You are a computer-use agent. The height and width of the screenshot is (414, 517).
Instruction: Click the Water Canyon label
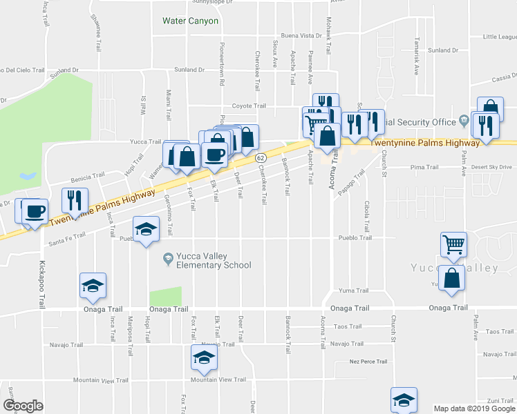click(x=190, y=21)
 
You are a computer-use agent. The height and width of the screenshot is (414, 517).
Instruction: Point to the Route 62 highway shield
click(x=261, y=158)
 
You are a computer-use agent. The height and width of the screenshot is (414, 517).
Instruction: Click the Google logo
click(x=23, y=406)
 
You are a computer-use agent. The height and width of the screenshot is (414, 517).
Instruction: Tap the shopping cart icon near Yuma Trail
click(x=454, y=245)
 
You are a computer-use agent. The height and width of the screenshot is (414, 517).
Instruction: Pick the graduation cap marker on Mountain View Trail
click(x=203, y=358)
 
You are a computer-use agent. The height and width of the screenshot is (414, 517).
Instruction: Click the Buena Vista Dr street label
click(x=301, y=35)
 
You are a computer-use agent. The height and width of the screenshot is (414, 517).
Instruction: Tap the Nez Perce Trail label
click(x=368, y=361)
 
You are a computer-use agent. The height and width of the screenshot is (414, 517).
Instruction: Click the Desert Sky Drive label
click(x=491, y=167)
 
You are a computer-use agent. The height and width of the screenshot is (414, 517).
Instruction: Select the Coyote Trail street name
click(x=249, y=106)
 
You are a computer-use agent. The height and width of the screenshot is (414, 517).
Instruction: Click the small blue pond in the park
click(x=29, y=176)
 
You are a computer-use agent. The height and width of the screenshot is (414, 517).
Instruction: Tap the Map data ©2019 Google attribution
click(x=473, y=408)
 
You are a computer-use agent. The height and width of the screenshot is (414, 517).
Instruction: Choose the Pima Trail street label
click(x=424, y=167)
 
